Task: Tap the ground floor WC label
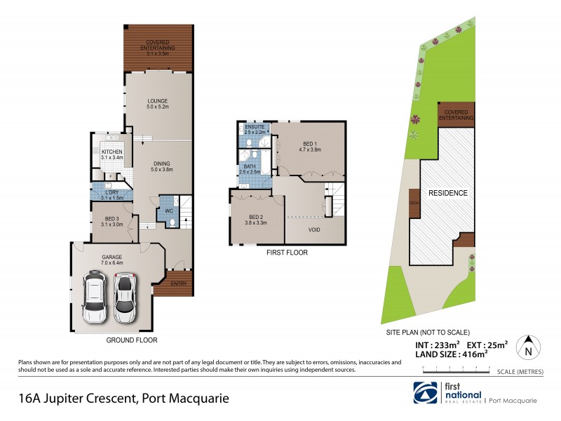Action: point(169,210)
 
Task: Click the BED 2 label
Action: point(256,219)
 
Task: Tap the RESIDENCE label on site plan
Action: point(449,193)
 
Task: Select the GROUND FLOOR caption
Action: point(131,340)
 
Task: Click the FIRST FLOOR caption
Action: point(288,253)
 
